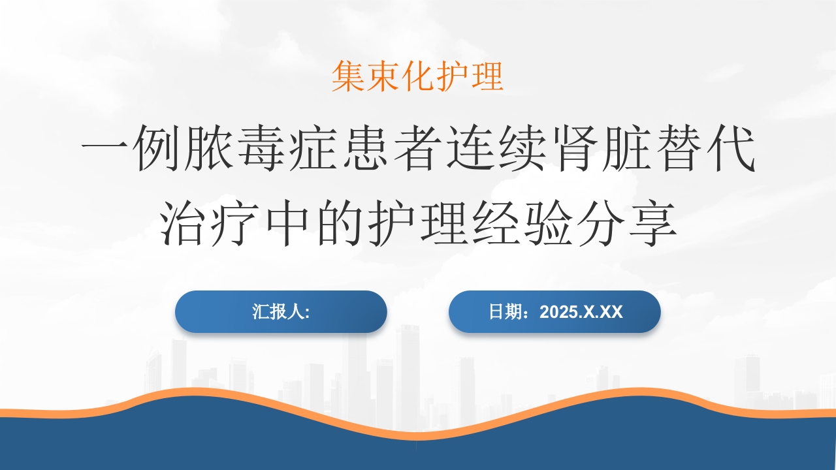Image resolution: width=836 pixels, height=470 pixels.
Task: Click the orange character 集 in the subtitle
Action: coord(348,76)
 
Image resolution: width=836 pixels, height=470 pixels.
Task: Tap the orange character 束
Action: coord(383,76)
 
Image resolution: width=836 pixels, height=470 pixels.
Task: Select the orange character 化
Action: coord(417,76)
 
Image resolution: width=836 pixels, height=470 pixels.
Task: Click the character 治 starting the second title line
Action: coord(184,223)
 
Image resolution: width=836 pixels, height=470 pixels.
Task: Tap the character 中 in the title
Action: coord(287,223)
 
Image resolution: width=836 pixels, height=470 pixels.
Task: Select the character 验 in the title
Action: coord(549,223)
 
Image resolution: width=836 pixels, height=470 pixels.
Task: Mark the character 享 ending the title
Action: coord(653,223)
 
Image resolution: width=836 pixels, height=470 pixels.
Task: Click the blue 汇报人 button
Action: coord(281,312)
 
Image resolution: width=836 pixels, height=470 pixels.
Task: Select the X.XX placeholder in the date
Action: coord(602,312)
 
